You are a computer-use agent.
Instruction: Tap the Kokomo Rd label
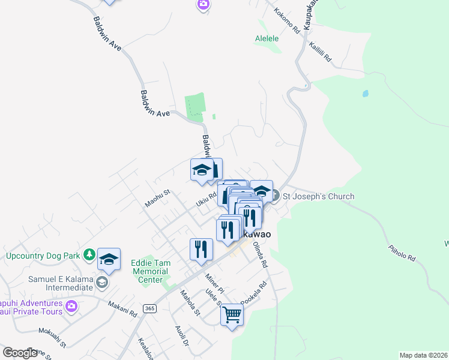tap(286, 20)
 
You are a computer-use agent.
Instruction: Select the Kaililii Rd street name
tap(320, 53)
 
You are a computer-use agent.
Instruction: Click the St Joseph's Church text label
tap(318, 196)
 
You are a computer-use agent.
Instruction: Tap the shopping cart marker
tap(232, 314)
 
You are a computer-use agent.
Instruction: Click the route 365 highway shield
tap(149, 308)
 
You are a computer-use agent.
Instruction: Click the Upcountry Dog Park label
tap(43, 256)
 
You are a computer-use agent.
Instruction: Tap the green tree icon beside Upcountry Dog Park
tap(89, 255)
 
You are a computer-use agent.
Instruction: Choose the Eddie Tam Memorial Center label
tap(151, 271)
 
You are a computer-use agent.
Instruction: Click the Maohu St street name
tap(157, 199)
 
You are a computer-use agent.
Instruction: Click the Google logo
tap(20, 353)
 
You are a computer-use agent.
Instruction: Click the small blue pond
tap(364, 94)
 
